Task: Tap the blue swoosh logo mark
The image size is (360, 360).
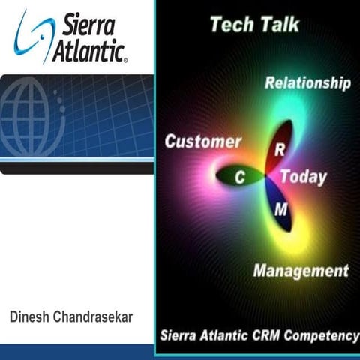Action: pos(31,35)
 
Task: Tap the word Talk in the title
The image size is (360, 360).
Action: pos(278,24)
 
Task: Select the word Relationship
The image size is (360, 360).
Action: pos(307,82)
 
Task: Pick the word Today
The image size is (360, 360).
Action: pos(304,178)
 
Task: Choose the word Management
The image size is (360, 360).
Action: pos(301,270)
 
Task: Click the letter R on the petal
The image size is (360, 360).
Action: pos(279,150)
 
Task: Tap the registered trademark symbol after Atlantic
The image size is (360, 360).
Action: pos(124,57)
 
